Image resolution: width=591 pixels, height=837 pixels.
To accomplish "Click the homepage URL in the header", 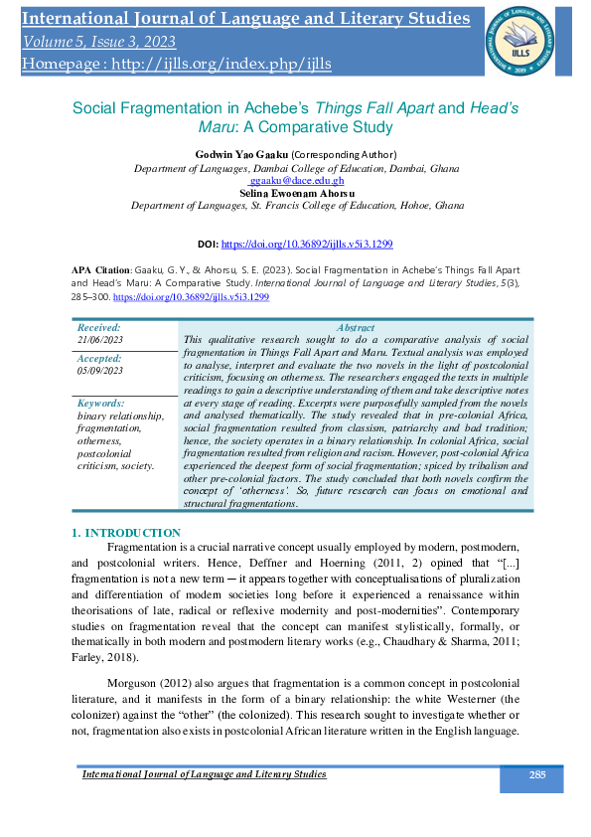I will pyautogui.click(x=176, y=64).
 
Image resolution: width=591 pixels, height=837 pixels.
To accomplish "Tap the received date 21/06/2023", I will pyautogui.click(x=100, y=340).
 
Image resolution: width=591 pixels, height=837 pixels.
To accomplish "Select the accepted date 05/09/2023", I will pyautogui.click(x=100, y=371).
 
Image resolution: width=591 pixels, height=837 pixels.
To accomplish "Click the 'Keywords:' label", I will pyautogui.click(x=100, y=404).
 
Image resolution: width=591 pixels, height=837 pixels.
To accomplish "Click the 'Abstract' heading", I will pyautogui.click(x=356, y=327).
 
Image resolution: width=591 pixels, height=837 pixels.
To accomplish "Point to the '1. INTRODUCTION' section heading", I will pyautogui.click(x=126, y=534).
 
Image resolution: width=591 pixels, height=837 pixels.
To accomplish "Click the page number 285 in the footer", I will pyautogui.click(x=537, y=774).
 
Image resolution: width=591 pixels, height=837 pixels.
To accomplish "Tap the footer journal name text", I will pyautogui.click(x=204, y=774).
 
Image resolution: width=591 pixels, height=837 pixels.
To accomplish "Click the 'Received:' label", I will pyautogui.click(x=98, y=327).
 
